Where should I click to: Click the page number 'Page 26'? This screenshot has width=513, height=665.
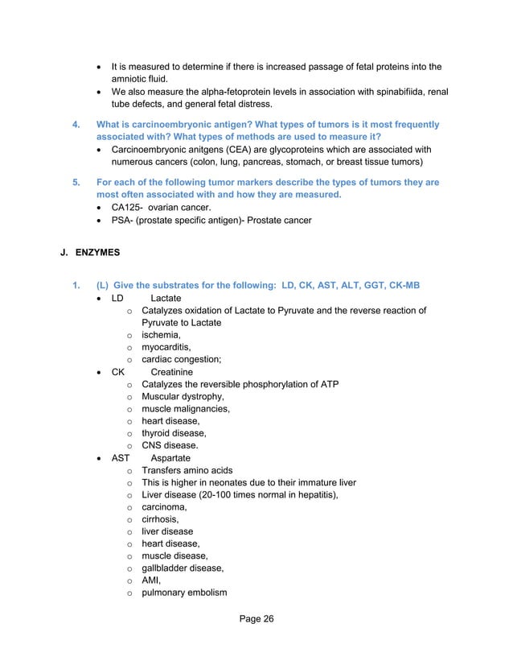[256, 618]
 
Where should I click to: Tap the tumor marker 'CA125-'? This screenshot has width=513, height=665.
[127, 208]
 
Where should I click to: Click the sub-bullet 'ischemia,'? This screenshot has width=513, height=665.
[161, 335]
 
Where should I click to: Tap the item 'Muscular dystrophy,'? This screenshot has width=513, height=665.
[183, 397]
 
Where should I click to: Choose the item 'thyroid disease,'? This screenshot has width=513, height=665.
[174, 433]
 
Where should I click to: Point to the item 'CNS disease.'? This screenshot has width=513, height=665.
[170, 445]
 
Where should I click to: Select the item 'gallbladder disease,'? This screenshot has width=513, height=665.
[183, 568]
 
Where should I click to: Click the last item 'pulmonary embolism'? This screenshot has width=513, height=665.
[184, 593]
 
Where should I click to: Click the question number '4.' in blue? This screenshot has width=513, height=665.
[76, 125]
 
